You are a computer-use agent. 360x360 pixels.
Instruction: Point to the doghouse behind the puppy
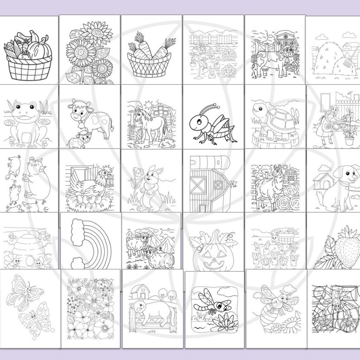(x=323, y=180)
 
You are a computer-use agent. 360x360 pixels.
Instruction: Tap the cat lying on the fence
(x=150, y=313)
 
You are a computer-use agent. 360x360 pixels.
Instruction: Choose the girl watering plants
(x=326, y=122)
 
